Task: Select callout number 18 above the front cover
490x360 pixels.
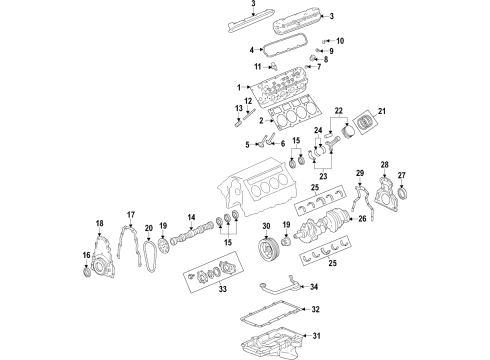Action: coord(99,222)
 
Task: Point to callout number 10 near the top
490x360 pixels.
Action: coord(339,41)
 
